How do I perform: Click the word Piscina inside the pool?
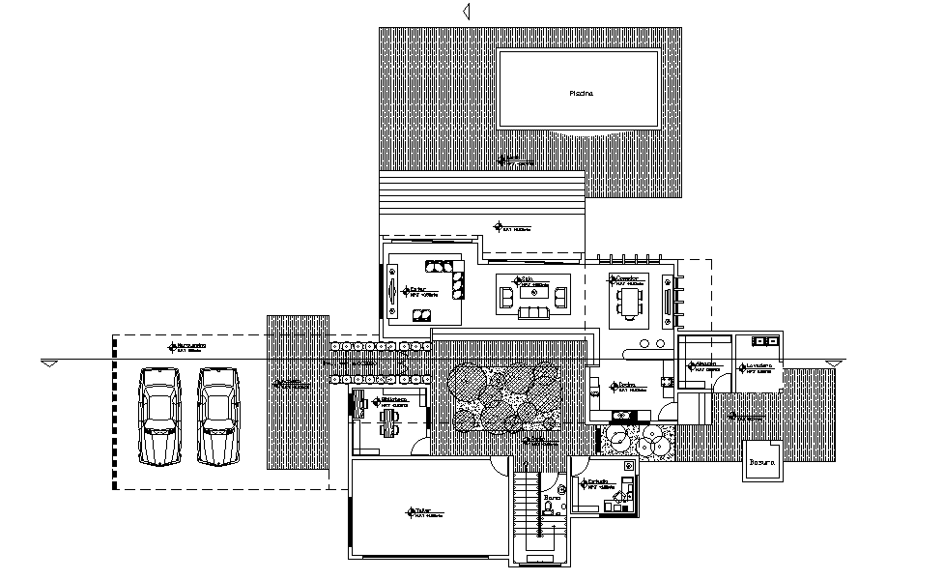coord(580,94)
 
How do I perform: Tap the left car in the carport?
coord(161,416)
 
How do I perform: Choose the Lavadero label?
coord(757,366)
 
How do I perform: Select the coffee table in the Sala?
coord(527,292)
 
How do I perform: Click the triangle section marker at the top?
coord(466,11)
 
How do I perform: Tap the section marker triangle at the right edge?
coord(833,363)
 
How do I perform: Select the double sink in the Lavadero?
coord(763,341)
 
